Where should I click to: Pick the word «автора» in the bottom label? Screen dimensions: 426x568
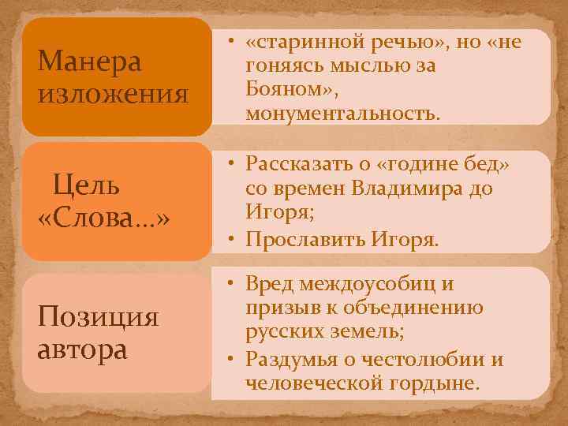pyautogui.click(x=82, y=348)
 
